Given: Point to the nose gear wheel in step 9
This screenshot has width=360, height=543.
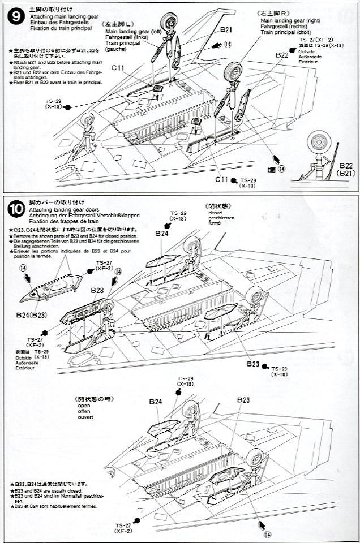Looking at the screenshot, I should (x=87, y=119).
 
